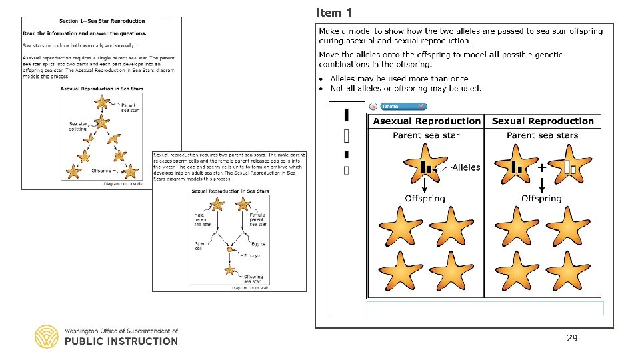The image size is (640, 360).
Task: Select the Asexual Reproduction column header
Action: point(427,121)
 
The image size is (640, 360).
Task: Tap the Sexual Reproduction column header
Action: point(543,121)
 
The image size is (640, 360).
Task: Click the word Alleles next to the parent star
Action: point(465,167)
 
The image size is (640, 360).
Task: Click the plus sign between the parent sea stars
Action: point(541,168)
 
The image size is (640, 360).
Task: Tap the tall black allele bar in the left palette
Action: point(346,115)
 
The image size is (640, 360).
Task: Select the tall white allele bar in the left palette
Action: point(346,137)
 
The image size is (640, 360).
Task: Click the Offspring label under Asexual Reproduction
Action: point(425,199)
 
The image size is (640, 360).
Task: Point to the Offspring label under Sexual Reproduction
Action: point(541,199)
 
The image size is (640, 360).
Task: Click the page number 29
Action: point(572,339)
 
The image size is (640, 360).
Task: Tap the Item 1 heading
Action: point(335,13)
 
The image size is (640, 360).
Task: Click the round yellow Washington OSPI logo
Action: point(47,337)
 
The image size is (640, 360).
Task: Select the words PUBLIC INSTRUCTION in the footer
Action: point(121,341)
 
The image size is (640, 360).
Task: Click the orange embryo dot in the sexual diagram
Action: point(230,250)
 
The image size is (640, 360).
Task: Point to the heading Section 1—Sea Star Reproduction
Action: point(101,22)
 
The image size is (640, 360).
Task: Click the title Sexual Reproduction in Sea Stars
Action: point(229,191)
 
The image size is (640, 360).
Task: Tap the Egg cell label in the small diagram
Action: point(259,244)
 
